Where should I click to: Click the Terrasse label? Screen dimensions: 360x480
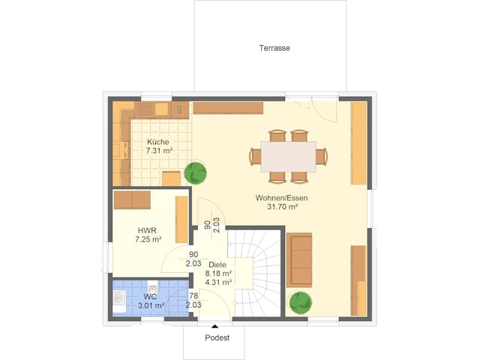click(274, 48)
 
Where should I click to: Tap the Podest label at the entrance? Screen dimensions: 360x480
click(217, 338)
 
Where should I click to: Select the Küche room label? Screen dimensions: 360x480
click(158, 142)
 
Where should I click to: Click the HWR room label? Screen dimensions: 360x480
click(146, 230)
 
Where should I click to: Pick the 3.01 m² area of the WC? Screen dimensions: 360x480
click(150, 306)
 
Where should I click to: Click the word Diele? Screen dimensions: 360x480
click(217, 265)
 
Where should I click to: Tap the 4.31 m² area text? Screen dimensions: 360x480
click(218, 283)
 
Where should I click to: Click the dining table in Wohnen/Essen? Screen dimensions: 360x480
click(289, 156)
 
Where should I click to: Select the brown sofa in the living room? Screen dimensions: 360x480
click(299, 259)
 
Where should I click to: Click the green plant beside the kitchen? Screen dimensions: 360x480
click(196, 172)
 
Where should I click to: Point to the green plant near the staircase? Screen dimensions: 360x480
click(301, 304)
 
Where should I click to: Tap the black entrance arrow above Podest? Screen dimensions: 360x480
click(216, 326)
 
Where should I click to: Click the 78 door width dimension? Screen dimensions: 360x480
click(193, 296)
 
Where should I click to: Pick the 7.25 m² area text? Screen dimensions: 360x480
click(146, 240)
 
